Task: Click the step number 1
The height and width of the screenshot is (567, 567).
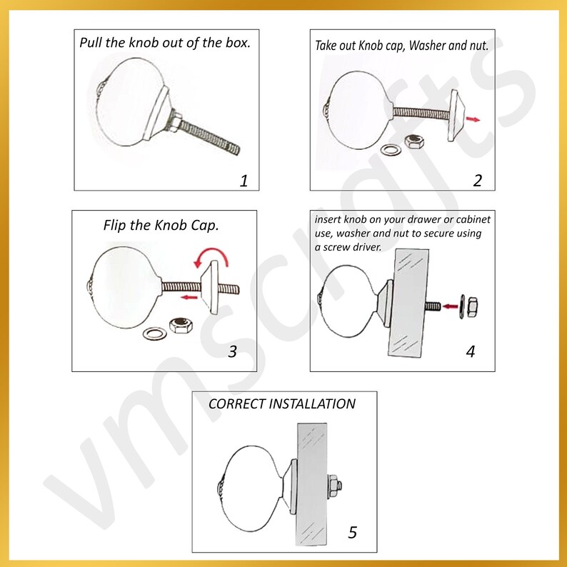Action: pyautogui.click(x=244, y=181)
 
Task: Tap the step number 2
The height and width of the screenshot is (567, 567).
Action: pyautogui.click(x=478, y=181)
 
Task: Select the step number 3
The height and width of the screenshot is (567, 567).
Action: pyautogui.click(x=233, y=351)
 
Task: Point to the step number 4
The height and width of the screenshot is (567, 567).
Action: pyautogui.click(x=471, y=351)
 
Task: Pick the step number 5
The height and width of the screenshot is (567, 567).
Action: pyautogui.click(x=353, y=532)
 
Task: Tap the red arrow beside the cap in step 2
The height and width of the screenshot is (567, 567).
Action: pyautogui.click(x=473, y=119)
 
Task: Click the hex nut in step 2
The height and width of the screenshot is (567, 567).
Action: pyautogui.click(x=414, y=141)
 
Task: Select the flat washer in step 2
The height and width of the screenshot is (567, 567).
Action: pyautogui.click(x=391, y=149)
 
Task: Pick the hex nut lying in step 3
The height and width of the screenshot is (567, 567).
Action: pyautogui.click(x=181, y=325)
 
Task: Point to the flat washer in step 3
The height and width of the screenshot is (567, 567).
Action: pyautogui.click(x=155, y=333)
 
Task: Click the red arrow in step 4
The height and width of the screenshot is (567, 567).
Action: pyautogui.click(x=450, y=306)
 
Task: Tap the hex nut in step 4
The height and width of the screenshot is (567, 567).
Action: pyautogui.click(x=472, y=307)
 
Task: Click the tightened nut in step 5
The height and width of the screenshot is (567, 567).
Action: pyautogui.click(x=335, y=486)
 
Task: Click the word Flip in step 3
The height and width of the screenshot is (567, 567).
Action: pyautogui.click(x=114, y=225)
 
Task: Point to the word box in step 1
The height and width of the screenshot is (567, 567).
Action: pyautogui.click(x=238, y=43)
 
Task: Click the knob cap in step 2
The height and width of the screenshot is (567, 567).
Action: pyautogui.click(x=457, y=116)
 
